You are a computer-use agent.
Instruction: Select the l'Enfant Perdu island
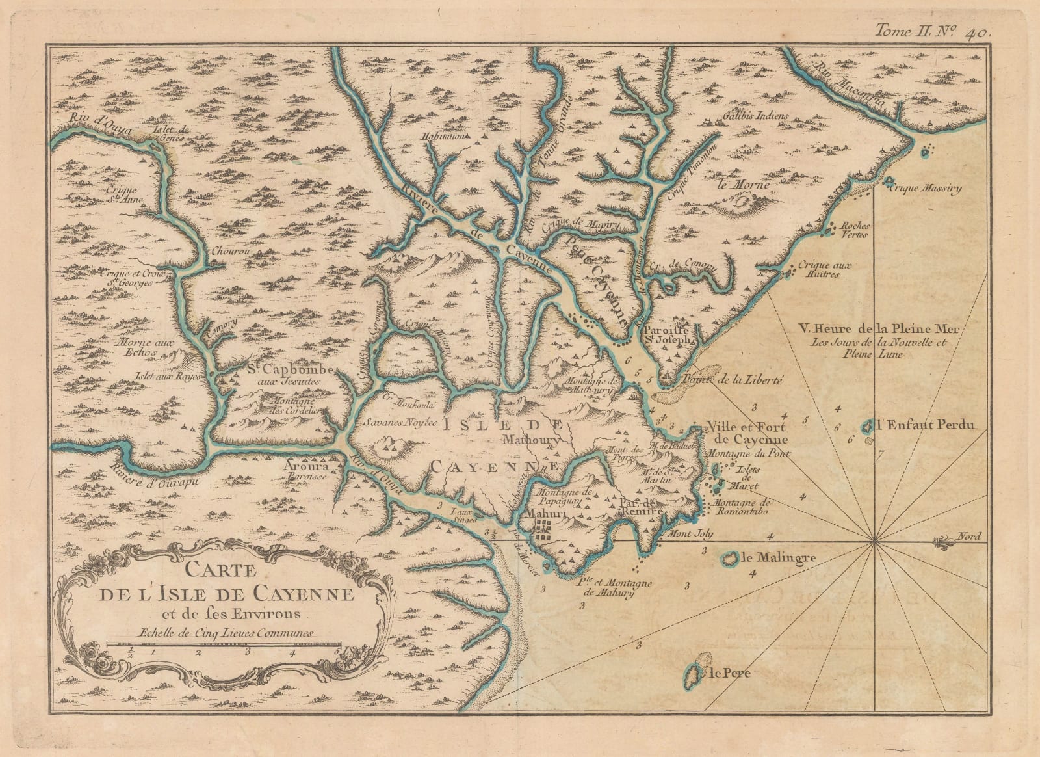[867, 427]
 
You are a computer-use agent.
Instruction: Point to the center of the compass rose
[874, 542]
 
